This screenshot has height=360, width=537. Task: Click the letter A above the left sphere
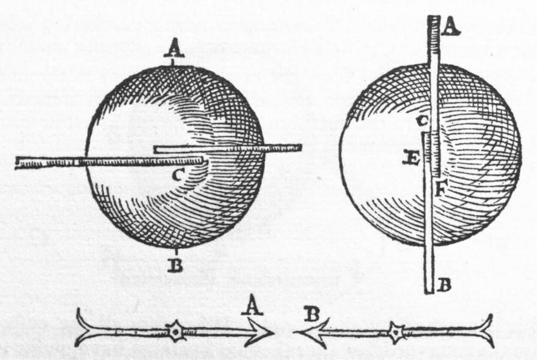(x=174, y=49)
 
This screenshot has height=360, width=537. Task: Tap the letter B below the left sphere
(x=175, y=266)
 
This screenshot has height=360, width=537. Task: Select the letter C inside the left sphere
(x=179, y=175)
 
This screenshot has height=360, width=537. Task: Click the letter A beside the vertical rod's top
(x=450, y=26)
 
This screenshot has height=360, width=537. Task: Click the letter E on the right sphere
(x=411, y=158)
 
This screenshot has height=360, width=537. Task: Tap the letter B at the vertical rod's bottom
(x=444, y=284)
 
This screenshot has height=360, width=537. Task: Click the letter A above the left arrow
(x=252, y=306)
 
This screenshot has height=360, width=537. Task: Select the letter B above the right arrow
(x=311, y=314)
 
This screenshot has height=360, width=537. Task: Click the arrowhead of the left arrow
(x=262, y=332)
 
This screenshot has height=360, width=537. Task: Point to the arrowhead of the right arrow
(x=308, y=332)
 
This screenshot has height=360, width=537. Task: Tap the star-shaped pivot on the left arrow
(x=175, y=332)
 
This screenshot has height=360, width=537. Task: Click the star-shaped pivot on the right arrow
(x=396, y=332)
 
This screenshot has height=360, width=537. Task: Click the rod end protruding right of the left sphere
(x=295, y=147)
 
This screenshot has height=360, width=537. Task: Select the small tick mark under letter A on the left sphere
(x=173, y=62)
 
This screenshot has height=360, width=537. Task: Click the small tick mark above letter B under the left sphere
(x=176, y=252)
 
